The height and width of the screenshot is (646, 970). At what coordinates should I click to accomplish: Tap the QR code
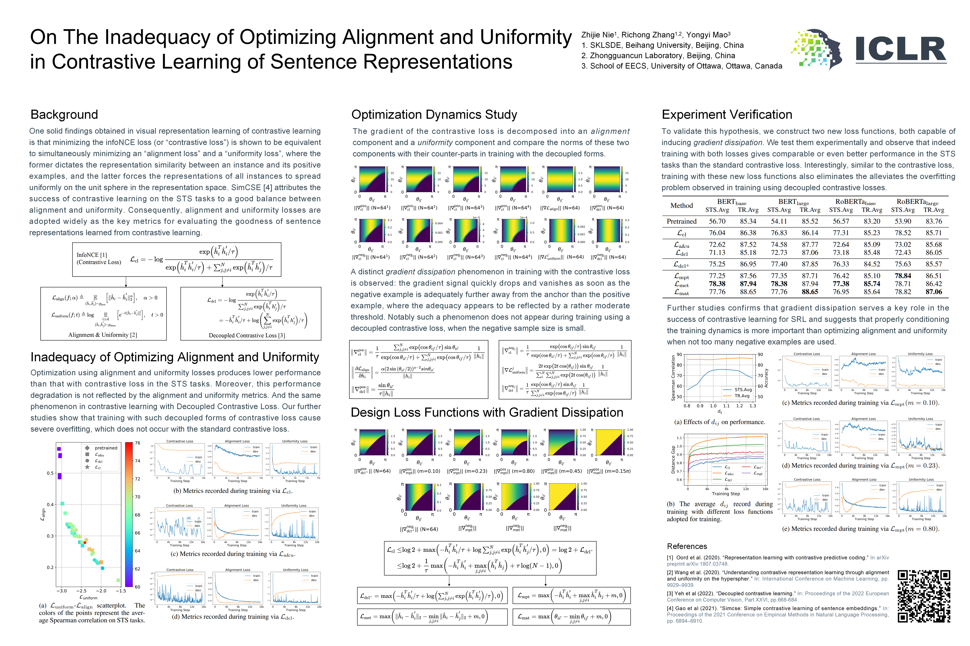tap(924, 596)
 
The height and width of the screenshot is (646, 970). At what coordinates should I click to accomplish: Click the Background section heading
tap(64, 115)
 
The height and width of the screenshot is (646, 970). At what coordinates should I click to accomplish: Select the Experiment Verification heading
tap(727, 115)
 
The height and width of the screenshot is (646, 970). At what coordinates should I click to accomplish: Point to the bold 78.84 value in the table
tap(903, 276)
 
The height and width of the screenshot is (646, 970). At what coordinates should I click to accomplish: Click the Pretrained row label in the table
tap(681, 221)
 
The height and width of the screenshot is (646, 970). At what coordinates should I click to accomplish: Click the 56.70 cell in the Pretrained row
tap(717, 221)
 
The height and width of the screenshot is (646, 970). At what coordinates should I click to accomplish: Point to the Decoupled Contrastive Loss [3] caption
tap(247, 335)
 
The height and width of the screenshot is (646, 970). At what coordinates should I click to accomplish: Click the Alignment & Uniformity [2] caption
tap(103, 335)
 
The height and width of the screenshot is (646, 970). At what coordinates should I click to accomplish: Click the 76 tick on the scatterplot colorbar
tap(137, 443)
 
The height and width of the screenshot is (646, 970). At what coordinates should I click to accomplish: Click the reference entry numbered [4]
tap(777, 614)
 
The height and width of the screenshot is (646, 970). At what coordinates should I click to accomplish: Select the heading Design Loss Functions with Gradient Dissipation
tap(487, 412)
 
